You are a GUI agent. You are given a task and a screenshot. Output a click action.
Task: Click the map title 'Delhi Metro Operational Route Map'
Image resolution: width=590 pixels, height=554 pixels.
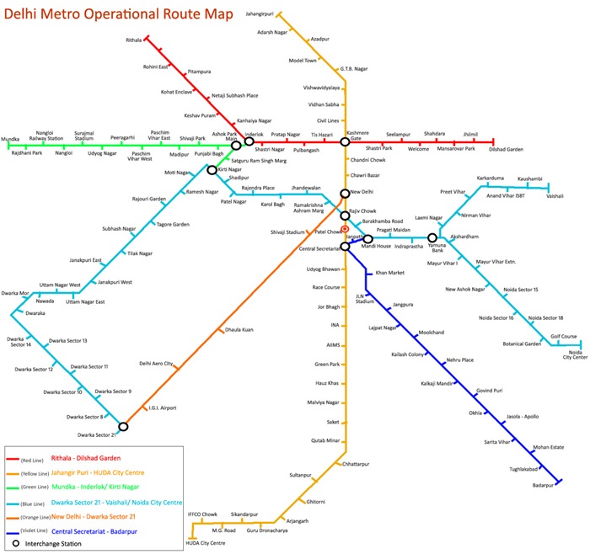(119, 14)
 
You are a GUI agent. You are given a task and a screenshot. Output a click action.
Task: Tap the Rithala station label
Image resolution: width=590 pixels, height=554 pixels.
(133, 40)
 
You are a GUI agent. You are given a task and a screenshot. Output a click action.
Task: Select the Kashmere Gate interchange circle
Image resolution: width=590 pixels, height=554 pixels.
(345, 141)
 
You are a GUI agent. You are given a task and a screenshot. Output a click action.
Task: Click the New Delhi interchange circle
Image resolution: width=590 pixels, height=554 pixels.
(345, 194)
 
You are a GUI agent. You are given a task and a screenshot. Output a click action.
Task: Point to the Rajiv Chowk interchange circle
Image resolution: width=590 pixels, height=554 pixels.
(345, 216)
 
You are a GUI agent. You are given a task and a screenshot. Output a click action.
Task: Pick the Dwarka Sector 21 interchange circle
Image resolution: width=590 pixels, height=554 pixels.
(123, 427)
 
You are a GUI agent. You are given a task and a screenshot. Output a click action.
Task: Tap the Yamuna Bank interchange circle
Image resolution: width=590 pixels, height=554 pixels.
(432, 237)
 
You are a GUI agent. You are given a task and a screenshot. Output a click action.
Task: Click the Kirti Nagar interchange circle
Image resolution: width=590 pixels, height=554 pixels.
(212, 170)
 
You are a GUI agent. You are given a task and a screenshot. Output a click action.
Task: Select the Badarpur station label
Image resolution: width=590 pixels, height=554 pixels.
(543, 485)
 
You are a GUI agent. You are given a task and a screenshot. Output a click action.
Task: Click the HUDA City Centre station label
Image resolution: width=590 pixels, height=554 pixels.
(206, 543)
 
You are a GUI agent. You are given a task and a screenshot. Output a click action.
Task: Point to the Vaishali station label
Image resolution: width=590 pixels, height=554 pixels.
(555, 196)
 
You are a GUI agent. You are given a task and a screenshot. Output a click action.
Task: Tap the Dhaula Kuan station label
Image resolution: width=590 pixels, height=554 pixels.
(239, 329)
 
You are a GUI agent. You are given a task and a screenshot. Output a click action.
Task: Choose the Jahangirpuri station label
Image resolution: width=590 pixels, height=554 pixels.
(260, 14)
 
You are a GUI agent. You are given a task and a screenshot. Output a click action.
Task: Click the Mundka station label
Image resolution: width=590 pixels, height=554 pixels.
(10, 139)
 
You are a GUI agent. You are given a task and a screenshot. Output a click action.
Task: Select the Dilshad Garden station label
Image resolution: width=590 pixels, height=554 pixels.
(506, 149)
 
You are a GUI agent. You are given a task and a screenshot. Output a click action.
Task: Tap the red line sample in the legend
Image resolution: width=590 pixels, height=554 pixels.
(13, 459)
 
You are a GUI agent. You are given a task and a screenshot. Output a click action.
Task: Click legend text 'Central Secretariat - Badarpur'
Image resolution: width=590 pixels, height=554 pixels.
(94, 531)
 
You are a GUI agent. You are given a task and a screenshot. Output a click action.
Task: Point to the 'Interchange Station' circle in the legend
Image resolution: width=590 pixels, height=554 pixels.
(16, 543)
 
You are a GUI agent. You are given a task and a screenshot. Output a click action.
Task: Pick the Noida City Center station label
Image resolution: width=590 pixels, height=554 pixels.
(575, 354)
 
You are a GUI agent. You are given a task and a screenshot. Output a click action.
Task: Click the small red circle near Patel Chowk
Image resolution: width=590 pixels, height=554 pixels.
(345, 229)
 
